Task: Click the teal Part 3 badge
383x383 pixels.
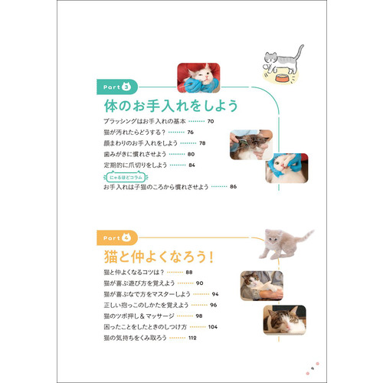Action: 117,87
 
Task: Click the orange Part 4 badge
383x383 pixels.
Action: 117,238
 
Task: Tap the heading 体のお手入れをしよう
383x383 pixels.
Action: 171,106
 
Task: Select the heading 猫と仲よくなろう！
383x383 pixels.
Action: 159,257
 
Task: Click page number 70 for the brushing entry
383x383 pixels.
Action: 211,121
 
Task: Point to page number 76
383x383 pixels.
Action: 191,133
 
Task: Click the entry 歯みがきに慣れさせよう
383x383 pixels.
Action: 135,154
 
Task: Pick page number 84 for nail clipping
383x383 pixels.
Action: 191,165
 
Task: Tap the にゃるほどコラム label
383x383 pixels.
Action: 126,177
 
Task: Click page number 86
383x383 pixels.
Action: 233,187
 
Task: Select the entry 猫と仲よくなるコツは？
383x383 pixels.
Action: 134,272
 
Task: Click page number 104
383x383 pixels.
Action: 213,327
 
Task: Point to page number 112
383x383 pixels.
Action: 192,338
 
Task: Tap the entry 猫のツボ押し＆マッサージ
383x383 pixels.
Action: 139,316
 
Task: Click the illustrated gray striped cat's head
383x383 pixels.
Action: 270,57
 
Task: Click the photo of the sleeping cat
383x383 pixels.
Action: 285,319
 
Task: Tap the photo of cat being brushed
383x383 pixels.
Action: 251,145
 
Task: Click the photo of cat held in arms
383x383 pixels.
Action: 262,286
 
